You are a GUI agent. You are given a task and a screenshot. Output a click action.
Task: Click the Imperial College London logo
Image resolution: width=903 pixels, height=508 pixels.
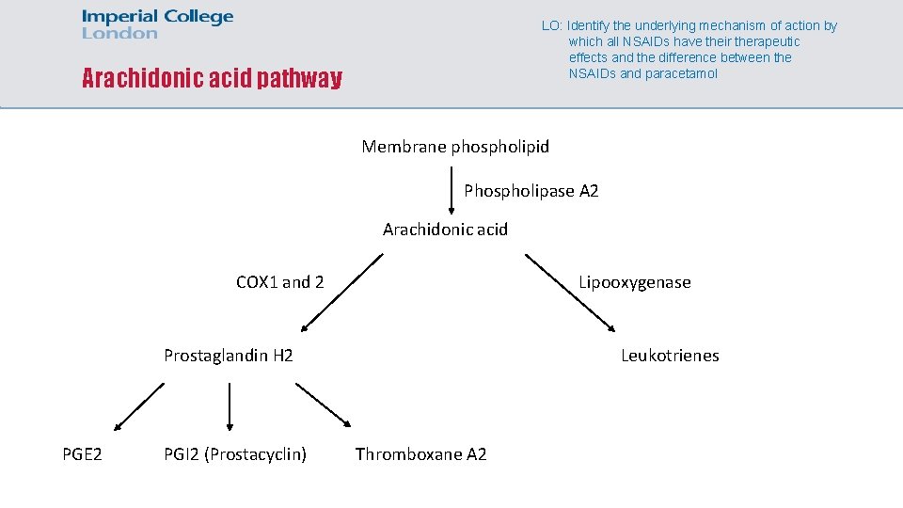click(x=157, y=24)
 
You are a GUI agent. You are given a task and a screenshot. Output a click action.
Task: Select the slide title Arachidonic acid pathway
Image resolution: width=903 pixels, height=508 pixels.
click(x=212, y=78)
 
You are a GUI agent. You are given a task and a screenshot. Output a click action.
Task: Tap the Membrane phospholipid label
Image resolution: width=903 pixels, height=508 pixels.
click(x=455, y=147)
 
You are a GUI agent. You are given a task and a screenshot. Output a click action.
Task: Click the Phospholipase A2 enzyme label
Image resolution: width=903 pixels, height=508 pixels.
click(x=531, y=191)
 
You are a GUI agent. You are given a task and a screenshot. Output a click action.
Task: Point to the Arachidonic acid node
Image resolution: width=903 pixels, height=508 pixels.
click(x=445, y=230)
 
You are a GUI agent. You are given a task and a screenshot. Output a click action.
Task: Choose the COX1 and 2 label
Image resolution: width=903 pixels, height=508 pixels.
click(x=279, y=282)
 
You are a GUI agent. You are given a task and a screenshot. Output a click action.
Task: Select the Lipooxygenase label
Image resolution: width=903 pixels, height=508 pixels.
click(x=634, y=282)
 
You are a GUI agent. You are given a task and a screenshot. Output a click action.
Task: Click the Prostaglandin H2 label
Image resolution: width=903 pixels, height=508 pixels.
click(x=228, y=356)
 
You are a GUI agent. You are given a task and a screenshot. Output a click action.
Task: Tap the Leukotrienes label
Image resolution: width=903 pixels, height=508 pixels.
click(x=670, y=356)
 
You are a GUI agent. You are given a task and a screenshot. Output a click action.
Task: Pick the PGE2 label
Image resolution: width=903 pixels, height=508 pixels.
click(x=82, y=455)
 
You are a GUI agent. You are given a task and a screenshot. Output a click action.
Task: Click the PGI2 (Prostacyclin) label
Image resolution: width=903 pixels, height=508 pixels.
click(x=235, y=455)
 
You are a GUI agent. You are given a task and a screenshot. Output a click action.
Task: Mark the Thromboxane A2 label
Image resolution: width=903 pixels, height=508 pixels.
click(x=420, y=455)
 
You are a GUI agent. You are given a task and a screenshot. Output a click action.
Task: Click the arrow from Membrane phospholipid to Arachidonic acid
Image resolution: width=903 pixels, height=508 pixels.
click(x=451, y=187)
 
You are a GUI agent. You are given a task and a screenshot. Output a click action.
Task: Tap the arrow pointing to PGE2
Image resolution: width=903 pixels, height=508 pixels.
click(x=138, y=406)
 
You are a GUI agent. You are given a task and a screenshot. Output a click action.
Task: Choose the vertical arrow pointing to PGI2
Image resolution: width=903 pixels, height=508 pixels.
click(x=230, y=406)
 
